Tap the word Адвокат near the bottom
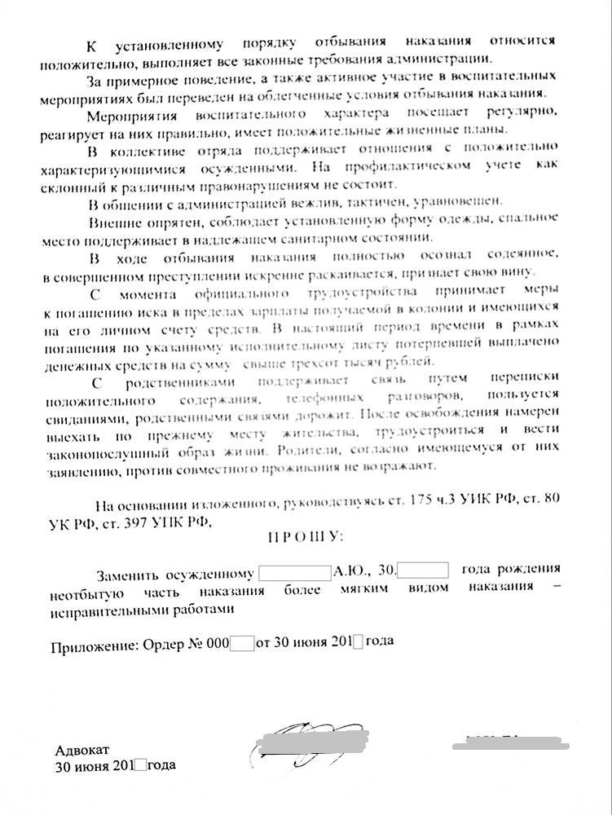[x=81, y=750]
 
